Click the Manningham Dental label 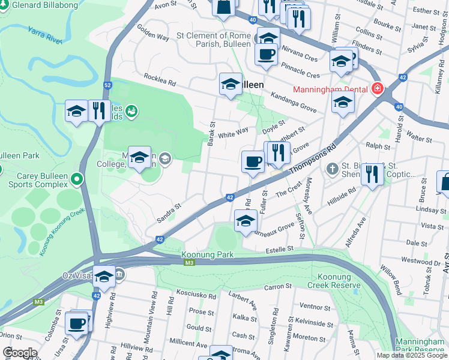(330, 90)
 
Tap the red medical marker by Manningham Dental (378, 89)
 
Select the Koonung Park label (208, 254)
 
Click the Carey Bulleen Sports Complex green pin (76, 179)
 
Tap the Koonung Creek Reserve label (337, 280)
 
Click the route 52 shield (107, 85)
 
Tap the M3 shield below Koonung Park (190, 263)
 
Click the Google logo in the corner (20, 353)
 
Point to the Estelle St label (279, 248)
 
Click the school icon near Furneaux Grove (246, 221)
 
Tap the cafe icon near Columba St (76, 323)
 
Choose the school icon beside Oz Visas (104, 277)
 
